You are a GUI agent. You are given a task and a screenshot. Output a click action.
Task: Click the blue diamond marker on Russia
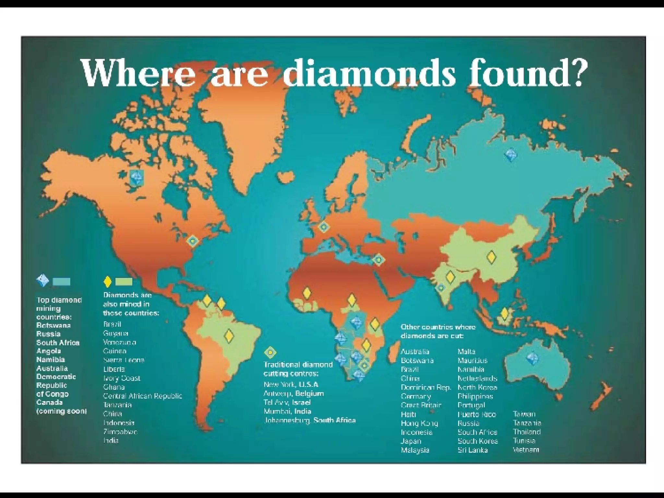point(511,155)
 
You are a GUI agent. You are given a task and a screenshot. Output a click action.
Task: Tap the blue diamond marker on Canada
point(136,178)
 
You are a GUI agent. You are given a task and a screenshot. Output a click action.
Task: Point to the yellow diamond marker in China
point(492,257)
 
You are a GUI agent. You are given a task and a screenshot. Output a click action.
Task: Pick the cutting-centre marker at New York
point(193,241)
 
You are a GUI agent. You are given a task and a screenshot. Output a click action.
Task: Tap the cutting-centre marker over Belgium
point(323,227)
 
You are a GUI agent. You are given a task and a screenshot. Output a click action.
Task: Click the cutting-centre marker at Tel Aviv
point(378,260)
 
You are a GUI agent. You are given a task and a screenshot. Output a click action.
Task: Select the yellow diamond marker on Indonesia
point(504,314)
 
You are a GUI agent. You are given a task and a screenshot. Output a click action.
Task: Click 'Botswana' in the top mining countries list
point(53,326)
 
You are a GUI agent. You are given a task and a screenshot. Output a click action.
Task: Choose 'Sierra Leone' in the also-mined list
point(124,360)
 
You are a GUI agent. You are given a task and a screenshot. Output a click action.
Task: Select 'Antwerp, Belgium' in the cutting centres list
point(294,393)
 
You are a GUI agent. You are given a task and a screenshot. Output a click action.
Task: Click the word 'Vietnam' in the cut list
point(526,450)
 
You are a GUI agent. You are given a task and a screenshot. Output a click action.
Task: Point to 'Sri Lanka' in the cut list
point(472,450)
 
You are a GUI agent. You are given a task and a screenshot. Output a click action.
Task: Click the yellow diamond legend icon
point(107,282)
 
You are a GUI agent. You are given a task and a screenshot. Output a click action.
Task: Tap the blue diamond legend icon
point(43,281)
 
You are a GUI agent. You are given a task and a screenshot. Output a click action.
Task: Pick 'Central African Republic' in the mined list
point(142,396)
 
